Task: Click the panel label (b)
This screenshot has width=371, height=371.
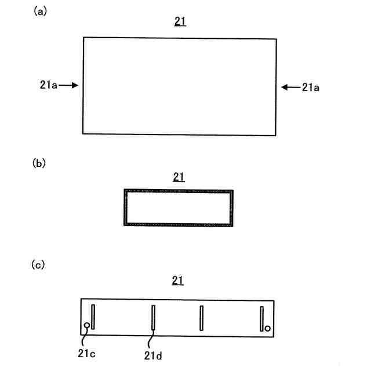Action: click(40, 163)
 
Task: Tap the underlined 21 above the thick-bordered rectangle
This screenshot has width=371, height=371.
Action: click(179, 177)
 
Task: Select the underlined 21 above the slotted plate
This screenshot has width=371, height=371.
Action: click(179, 281)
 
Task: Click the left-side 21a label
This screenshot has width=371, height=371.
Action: click(45, 85)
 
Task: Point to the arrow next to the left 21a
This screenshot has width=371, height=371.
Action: click(68, 85)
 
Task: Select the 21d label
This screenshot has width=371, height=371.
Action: click(154, 352)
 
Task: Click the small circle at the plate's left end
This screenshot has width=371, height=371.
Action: click(87, 326)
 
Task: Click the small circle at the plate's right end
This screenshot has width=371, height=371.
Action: click(268, 328)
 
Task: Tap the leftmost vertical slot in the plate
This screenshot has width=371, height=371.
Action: click(93, 317)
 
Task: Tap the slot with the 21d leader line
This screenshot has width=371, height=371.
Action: click(153, 318)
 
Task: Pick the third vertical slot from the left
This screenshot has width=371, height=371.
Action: click(201, 318)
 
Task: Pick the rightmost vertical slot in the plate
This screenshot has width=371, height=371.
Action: click(262, 318)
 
